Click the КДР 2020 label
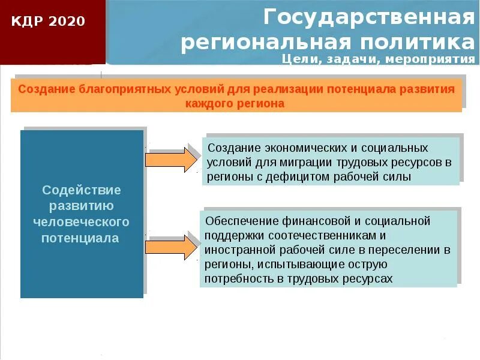coord(49,22)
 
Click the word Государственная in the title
coord(368,17)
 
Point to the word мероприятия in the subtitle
coord(430,59)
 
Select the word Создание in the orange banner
coord(46,89)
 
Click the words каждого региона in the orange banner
coord(235,103)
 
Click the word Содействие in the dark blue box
coord(82,190)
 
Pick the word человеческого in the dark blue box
coord(81,222)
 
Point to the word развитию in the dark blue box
coord(81,206)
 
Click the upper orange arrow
coord(171,160)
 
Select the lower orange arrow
coord(171,247)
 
